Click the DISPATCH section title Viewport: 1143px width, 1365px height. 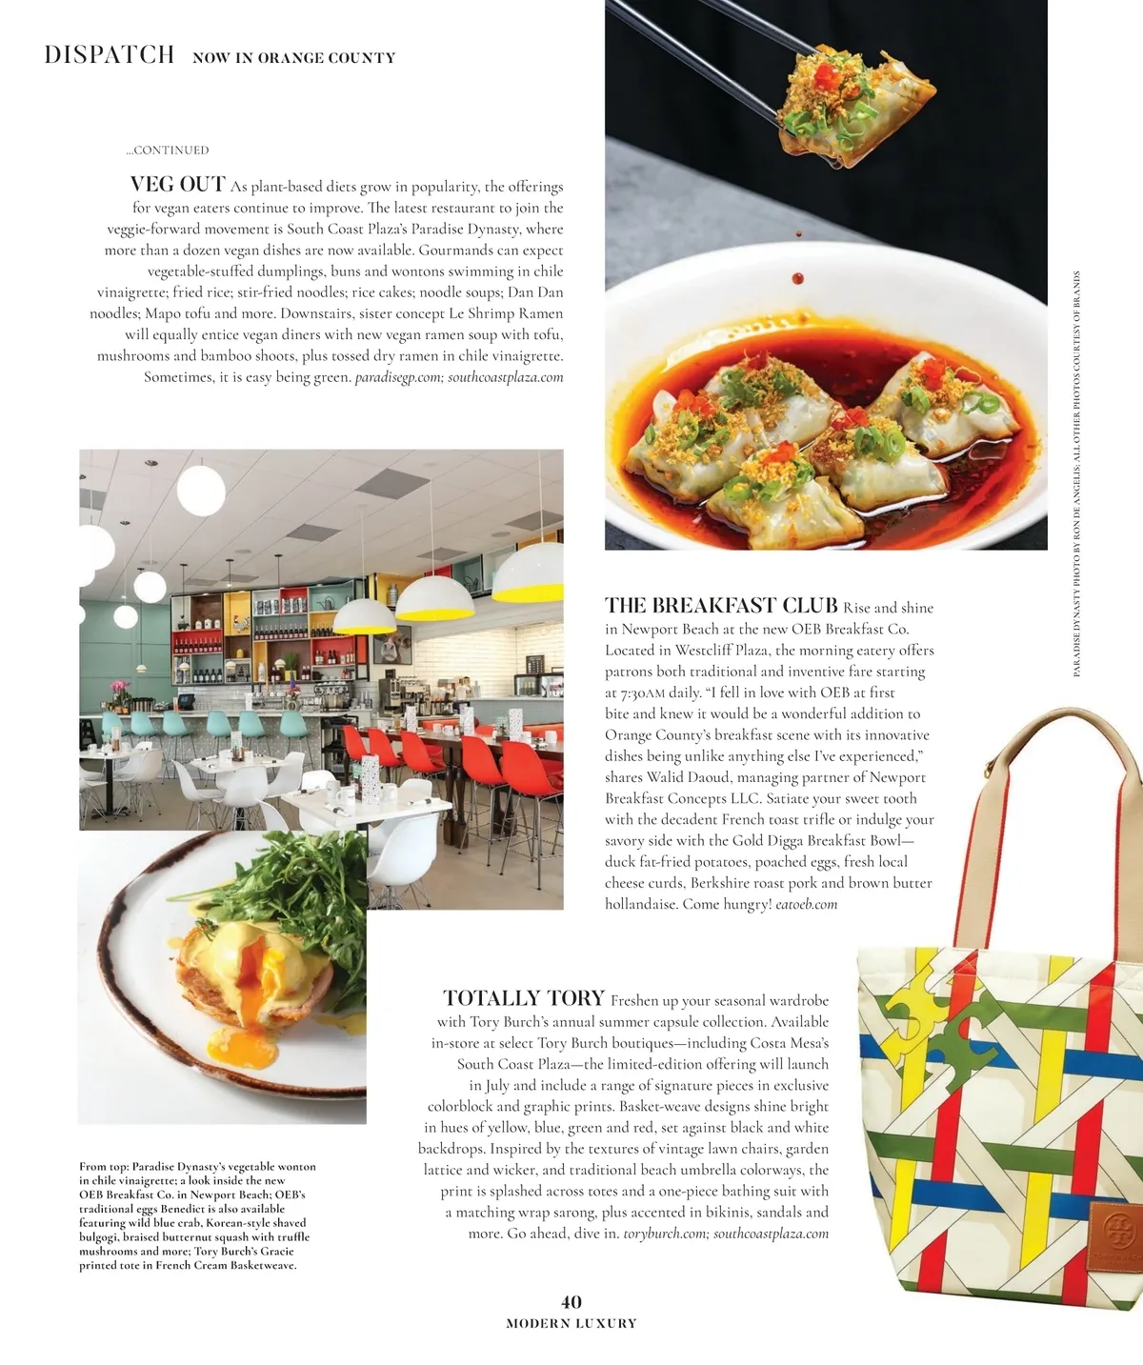110,54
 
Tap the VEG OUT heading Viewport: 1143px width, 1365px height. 178,184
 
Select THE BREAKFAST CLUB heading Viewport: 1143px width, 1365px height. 721,606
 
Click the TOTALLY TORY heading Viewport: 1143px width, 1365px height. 524,998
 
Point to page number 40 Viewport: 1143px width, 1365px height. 571,1302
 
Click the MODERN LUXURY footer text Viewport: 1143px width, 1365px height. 571,1323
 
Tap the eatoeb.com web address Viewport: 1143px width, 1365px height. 807,904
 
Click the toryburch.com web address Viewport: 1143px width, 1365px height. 664,1234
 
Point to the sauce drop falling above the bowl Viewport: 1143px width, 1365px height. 797,278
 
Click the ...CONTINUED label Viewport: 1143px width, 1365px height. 168,150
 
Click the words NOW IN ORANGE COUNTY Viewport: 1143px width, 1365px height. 293,58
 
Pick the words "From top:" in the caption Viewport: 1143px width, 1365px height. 104,1166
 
